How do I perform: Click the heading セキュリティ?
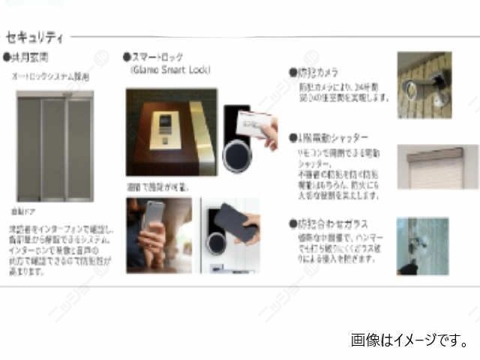pyautogui.click(x=34, y=37)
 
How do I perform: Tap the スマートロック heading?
pyautogui.click(x=157, y=57)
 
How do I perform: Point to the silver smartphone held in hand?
pyautogui.click(x=154, y=217)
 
